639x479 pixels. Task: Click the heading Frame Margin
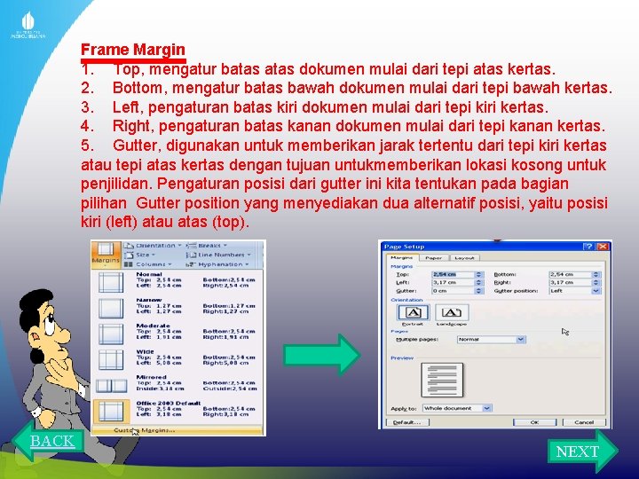(x=133, y=50)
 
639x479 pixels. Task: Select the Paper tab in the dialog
(x=432, y=257)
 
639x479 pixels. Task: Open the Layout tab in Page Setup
(x=463, y=257)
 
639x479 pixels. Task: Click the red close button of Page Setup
(x=603, y=247)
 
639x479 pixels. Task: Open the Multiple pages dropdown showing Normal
(x=467, y=339)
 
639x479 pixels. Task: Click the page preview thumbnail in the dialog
(x=441, y=379)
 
